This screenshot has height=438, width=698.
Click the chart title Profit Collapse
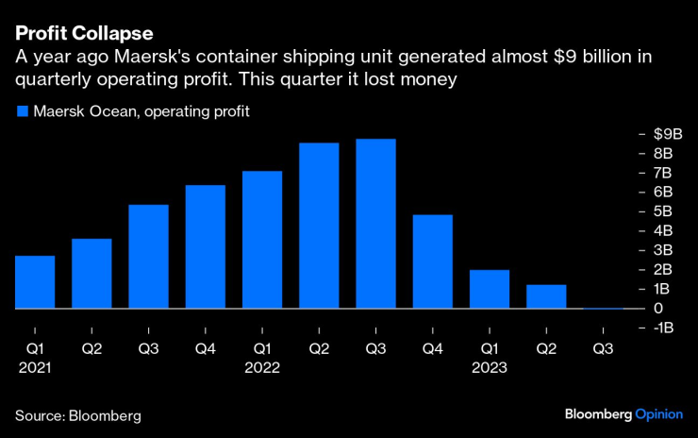(84, 33)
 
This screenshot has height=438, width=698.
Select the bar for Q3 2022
(375, 224)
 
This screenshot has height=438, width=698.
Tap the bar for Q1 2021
(35, 282)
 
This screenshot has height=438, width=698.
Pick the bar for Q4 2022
(433, 261)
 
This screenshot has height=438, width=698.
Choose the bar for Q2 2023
(546, 296)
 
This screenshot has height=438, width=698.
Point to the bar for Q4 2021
(206, 246)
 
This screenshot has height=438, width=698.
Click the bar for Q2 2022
(319, 226)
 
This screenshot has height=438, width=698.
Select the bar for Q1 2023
(490, 289)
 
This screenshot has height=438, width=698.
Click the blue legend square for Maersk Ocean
(22, 112)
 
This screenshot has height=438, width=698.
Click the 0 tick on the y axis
(657, 309)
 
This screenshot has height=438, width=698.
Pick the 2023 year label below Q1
(489, 368)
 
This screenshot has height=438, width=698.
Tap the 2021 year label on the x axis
(35, 368)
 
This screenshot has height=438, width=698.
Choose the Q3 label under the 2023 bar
(603, 349)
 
